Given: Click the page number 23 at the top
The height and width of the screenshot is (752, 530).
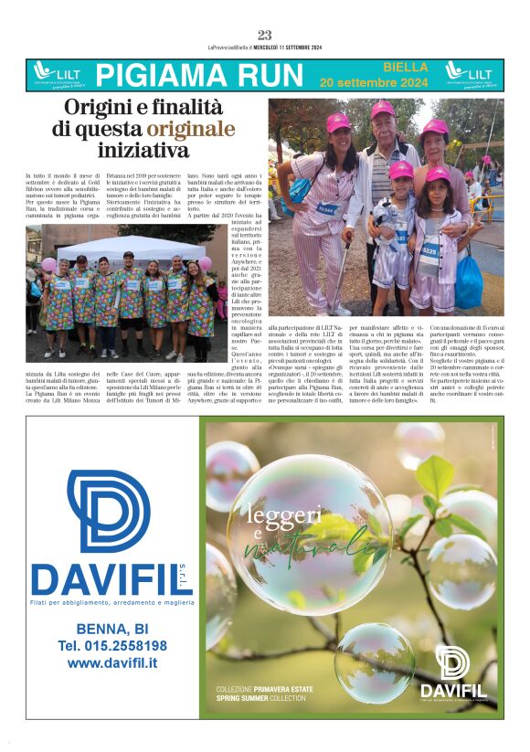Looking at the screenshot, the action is pyautogui.click(x=265, y=36).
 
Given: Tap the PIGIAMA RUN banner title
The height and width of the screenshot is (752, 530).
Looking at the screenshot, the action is pyautogui.click(x=198, y=75).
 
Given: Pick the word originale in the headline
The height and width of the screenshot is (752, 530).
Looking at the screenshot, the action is pyautogui.click(x=191, y=128).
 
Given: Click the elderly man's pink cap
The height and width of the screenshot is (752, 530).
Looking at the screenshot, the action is pyautogui.click(x=382, y=108).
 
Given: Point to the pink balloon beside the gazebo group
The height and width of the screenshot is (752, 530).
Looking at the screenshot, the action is pyautogui.click(x=48, y=264).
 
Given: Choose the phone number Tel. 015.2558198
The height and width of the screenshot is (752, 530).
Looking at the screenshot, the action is pyautogui.click(x=111, y=645).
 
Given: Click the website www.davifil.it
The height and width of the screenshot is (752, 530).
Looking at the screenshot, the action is pyautogui.click(x=111, y=663).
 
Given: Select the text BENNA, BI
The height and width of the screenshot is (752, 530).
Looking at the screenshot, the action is pyautogui.click(x=111, y=628).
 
